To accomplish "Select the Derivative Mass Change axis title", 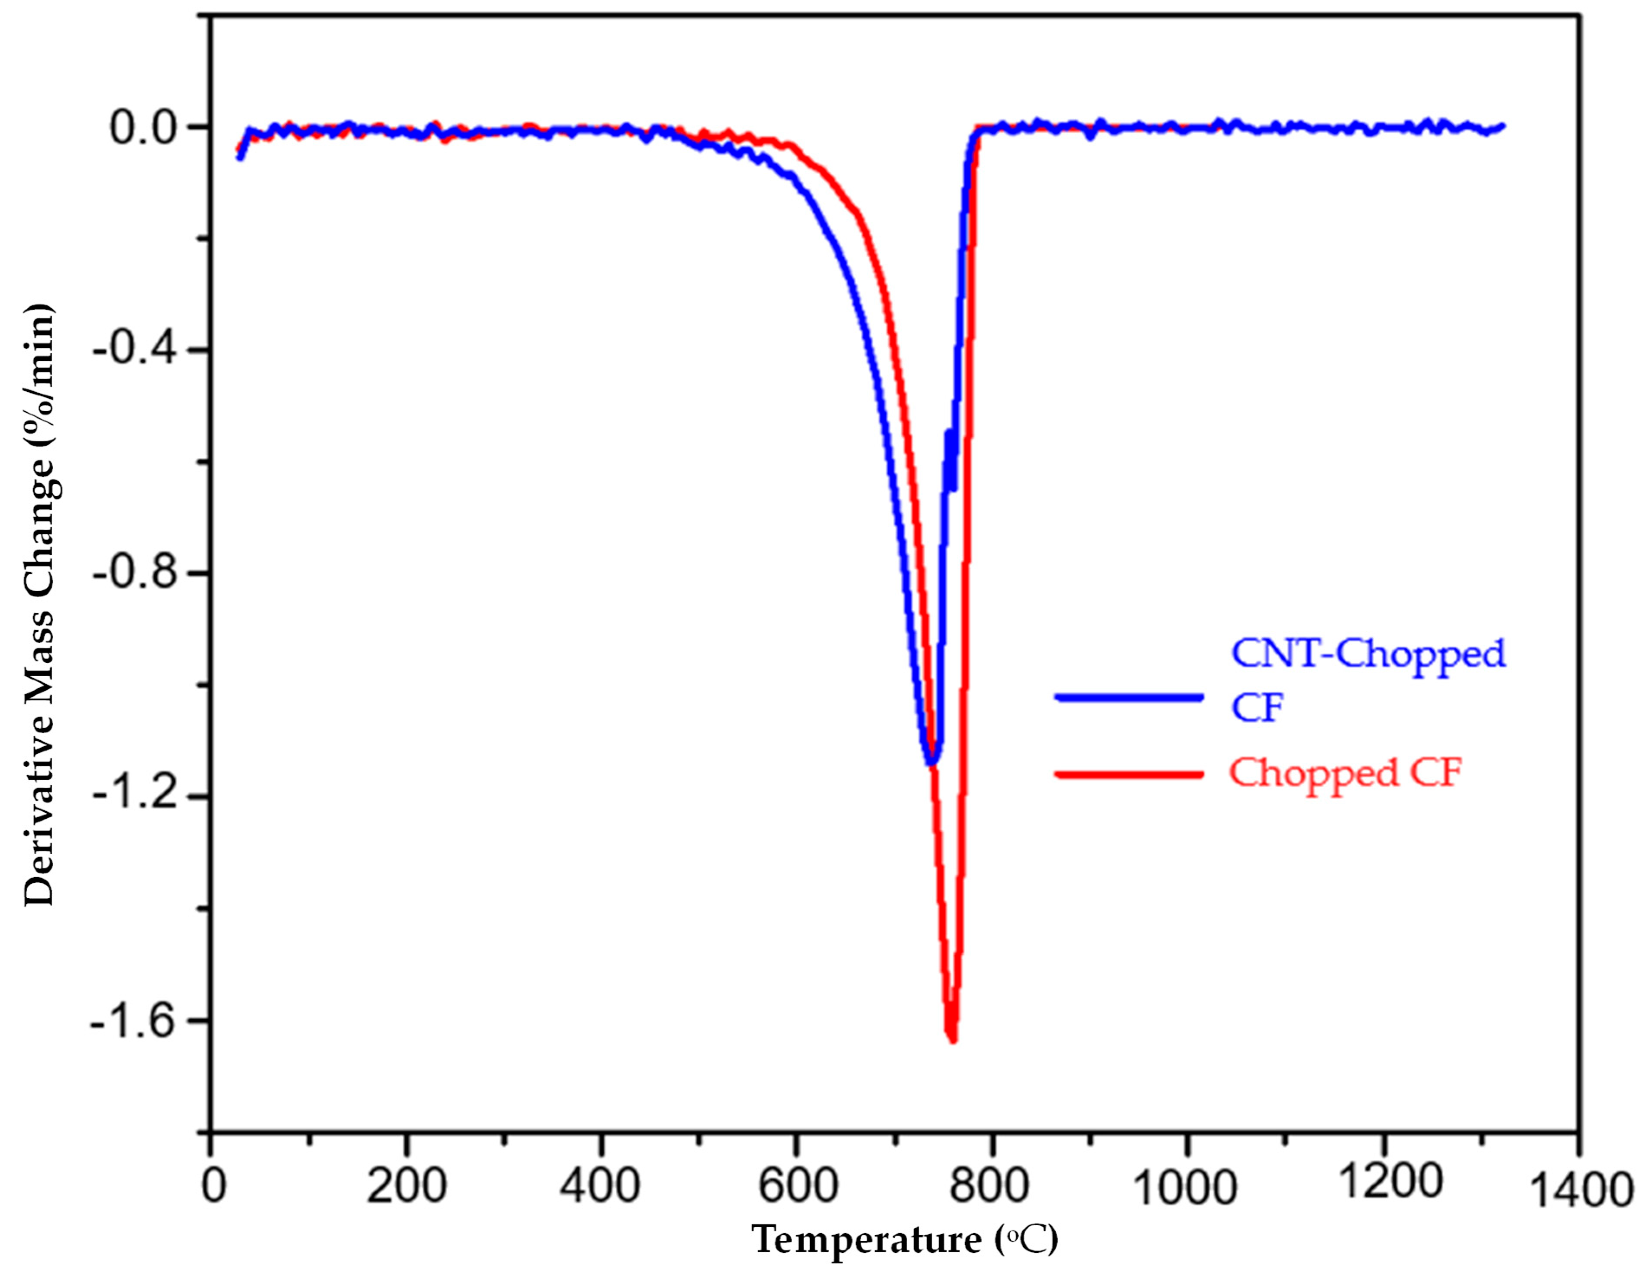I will [x=39, y=604].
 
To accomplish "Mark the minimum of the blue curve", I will [x=932, y=763].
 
